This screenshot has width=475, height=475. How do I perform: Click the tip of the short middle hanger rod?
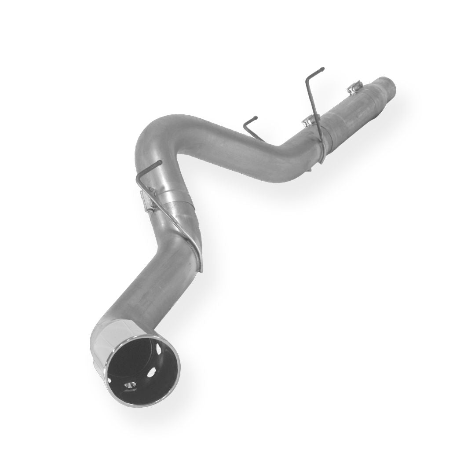(256, 118)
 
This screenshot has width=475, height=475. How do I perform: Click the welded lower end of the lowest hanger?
(200, 266)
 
